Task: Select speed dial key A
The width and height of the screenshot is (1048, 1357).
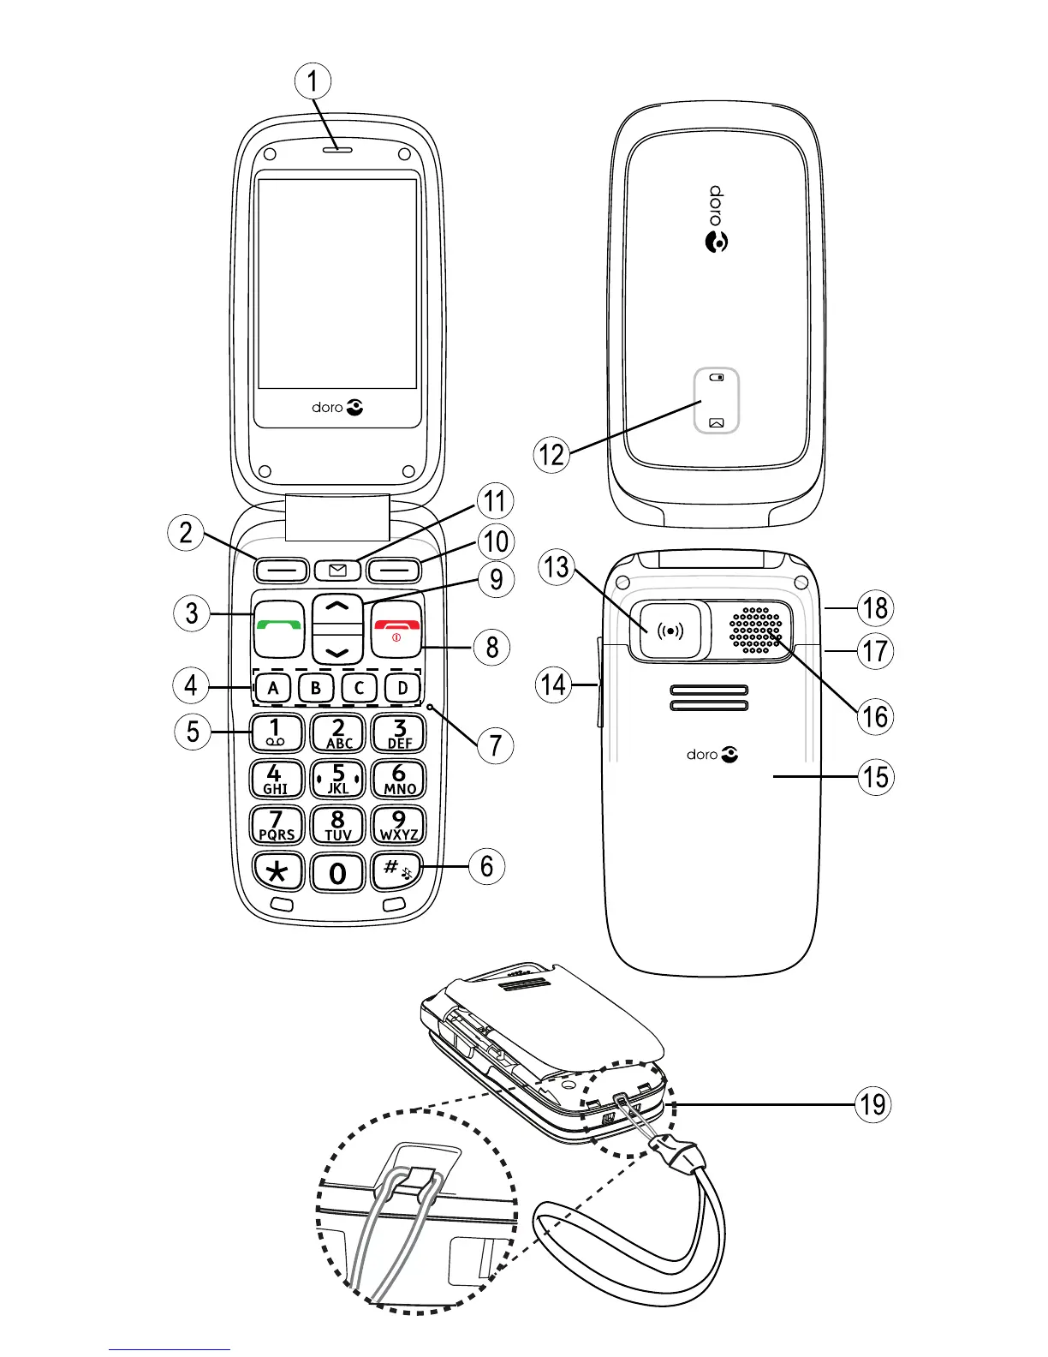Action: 273,687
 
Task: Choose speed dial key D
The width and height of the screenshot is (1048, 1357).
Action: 402,687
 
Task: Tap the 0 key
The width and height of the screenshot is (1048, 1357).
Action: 337,872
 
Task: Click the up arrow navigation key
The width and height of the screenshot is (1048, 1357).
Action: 338,607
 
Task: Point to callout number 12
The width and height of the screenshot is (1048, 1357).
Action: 552,453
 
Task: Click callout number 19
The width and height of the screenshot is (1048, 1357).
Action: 872,1104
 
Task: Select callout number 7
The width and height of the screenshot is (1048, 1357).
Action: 495,745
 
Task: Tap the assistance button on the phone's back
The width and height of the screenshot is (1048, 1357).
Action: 670,631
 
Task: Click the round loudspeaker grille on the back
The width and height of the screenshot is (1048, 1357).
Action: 756,631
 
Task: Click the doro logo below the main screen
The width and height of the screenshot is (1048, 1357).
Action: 337,408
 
